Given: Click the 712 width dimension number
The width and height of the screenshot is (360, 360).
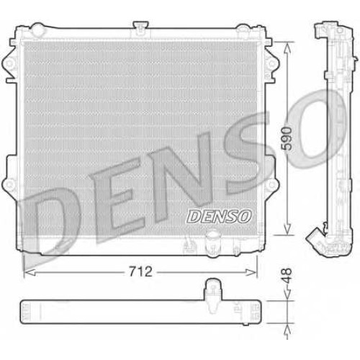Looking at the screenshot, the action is pos(140,272).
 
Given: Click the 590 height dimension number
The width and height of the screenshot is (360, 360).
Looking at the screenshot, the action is pos(287,139).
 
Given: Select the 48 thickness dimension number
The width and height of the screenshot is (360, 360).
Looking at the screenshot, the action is pos(287,276).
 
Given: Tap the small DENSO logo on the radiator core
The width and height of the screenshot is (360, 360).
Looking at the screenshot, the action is pos(219,216).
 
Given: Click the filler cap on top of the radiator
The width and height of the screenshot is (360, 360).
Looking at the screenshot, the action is pos(140,27).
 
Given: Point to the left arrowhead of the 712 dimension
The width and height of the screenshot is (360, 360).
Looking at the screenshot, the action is pos(30,272).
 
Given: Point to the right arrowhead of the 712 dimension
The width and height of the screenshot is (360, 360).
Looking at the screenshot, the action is pos(251,272).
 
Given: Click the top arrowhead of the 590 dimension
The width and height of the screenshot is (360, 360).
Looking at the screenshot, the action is pos(287,48).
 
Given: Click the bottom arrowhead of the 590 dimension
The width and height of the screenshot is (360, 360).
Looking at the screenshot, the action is pos(287,230).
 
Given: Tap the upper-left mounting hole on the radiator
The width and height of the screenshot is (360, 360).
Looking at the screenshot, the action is pos(9,64).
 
